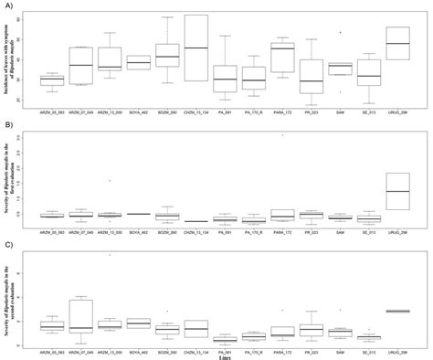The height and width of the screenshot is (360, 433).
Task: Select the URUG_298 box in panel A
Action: click(x=397, y=44)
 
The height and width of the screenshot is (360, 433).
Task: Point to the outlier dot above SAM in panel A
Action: click(x=341, y=32)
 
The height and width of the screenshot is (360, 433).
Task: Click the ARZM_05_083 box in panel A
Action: click(x=52, y=81)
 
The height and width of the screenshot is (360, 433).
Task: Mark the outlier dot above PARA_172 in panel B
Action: click(x=283, y=134)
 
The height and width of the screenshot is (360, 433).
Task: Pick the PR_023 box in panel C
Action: click(x=312, y=328)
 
